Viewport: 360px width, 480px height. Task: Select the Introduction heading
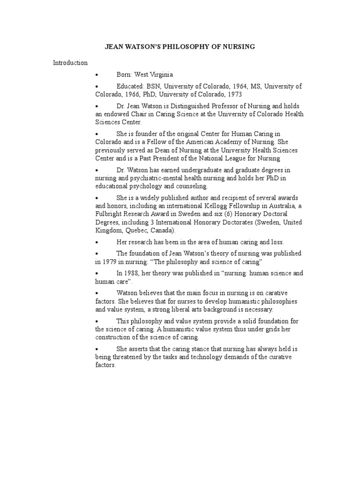point(70,62)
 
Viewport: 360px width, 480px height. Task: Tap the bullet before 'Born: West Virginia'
point(97,75)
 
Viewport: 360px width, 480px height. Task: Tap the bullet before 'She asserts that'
point(97,349)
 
